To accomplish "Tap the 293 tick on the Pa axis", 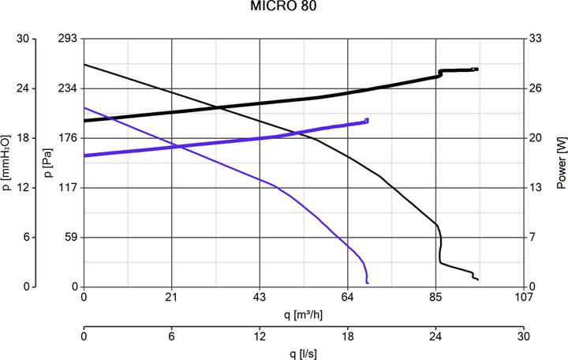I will click(68, 39).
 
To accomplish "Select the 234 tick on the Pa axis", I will click(68, 88).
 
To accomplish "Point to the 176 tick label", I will click(68, 138).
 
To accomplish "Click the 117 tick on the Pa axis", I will click(68, 188).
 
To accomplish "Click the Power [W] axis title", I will click(561, 163).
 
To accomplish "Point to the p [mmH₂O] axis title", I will click(7, 163).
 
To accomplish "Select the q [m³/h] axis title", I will click(304, 315).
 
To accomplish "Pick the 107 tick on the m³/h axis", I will click(524, 298).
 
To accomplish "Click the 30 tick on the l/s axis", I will click(524, 335).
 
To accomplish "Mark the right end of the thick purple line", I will click(368, 120).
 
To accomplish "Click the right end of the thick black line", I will click(477, 69).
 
